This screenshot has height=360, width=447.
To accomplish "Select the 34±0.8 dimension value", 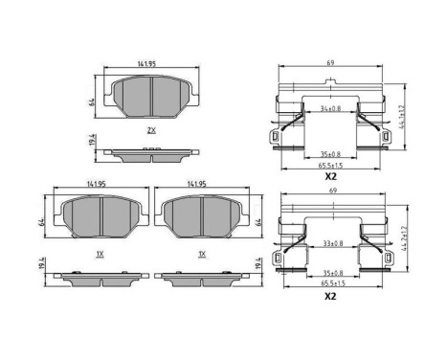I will [x=329, y=109].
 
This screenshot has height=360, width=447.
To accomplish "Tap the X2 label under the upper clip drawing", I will [x=331, y=177].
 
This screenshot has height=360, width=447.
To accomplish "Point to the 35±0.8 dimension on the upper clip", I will [x=330, y=152].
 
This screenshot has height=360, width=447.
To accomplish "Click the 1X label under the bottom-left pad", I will [x=101, y=254].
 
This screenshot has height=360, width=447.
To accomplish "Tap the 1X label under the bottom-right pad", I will [x=202, y=254].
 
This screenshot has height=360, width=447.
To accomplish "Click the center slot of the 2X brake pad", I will [x=152, y=93].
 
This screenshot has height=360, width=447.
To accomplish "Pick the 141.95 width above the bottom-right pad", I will [x=197, y=185].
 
